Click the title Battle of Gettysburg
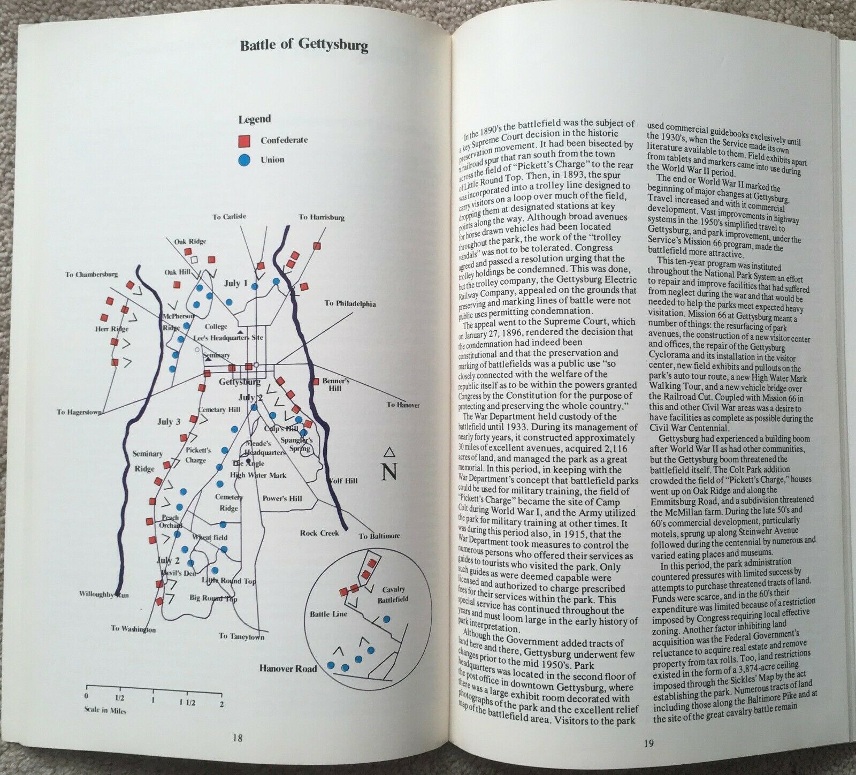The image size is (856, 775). (304, 45)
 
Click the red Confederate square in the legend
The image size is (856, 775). (243, 140)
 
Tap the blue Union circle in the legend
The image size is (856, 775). (243, 159)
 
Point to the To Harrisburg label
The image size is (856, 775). (322, 217)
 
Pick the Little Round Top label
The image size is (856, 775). (228, 581)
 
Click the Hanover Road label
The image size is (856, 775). (288, 668)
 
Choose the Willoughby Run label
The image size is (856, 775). (104, 594)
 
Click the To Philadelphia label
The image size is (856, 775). (350, 303)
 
